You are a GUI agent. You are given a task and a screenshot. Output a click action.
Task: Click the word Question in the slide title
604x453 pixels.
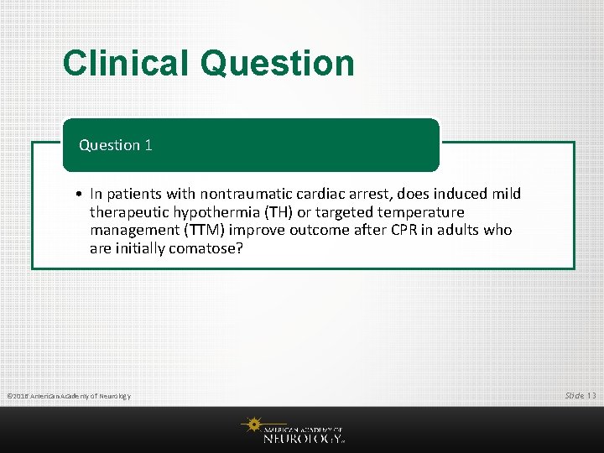278,64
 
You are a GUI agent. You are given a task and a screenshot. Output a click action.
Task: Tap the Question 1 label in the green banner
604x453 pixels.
116,145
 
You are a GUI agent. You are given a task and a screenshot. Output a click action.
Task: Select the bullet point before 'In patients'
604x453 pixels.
76,195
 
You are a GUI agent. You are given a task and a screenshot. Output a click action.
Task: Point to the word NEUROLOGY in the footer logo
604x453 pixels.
302,437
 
